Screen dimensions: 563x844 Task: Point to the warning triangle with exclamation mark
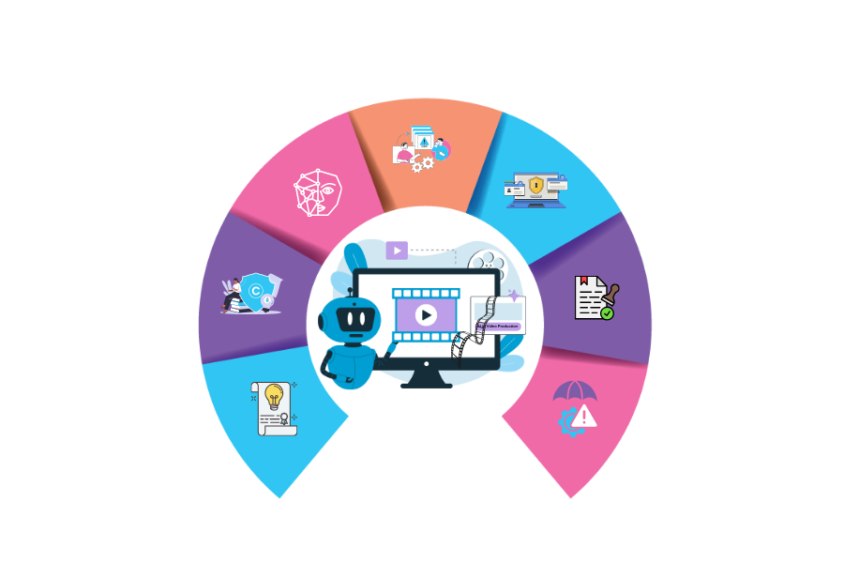point(583,415)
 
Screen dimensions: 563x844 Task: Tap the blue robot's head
point(354,320)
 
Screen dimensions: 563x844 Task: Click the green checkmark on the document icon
point(607,313)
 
